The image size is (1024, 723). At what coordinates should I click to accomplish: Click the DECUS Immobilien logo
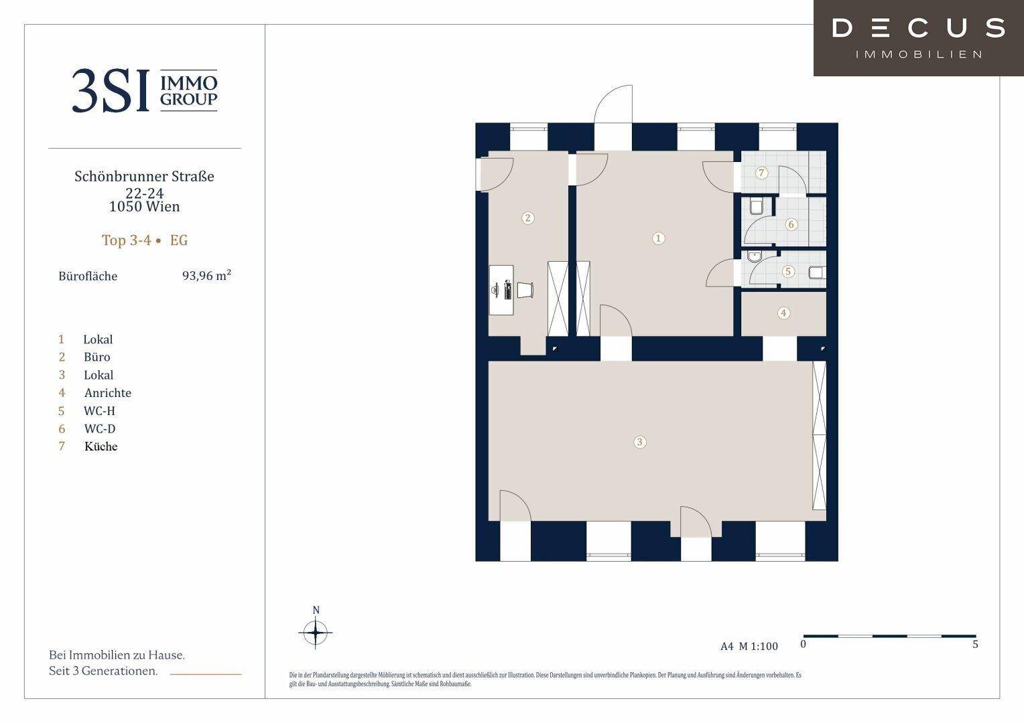pos(918,38)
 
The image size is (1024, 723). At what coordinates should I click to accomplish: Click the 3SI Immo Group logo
pos(145,90)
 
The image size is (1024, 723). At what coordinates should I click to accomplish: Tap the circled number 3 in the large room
pos(639,442)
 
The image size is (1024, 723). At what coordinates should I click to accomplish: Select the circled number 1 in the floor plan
pos(658,238)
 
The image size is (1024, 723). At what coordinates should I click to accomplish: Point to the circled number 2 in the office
pos(528,218)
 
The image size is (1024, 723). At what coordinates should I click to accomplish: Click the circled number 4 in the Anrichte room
pos(783,313)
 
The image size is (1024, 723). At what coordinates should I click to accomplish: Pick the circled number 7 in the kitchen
pos(761,173)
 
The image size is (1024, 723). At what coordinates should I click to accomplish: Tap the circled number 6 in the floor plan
pos(791,224)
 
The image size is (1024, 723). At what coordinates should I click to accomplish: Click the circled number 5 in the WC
pos(787,271)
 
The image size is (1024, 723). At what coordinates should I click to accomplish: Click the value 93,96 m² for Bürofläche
pos(206,275)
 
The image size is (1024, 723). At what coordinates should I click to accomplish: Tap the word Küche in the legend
pos(101,447)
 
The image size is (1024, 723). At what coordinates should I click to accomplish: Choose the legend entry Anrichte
pos(108,393)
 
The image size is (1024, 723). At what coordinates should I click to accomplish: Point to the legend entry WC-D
pos(100,428)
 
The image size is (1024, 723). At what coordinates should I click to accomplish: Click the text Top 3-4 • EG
pos(145,240)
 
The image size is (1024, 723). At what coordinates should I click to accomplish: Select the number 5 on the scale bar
pos(975,644)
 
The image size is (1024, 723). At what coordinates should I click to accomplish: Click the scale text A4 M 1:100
pos(749,646)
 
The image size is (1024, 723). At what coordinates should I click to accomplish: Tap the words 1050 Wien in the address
pos(145,206)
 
